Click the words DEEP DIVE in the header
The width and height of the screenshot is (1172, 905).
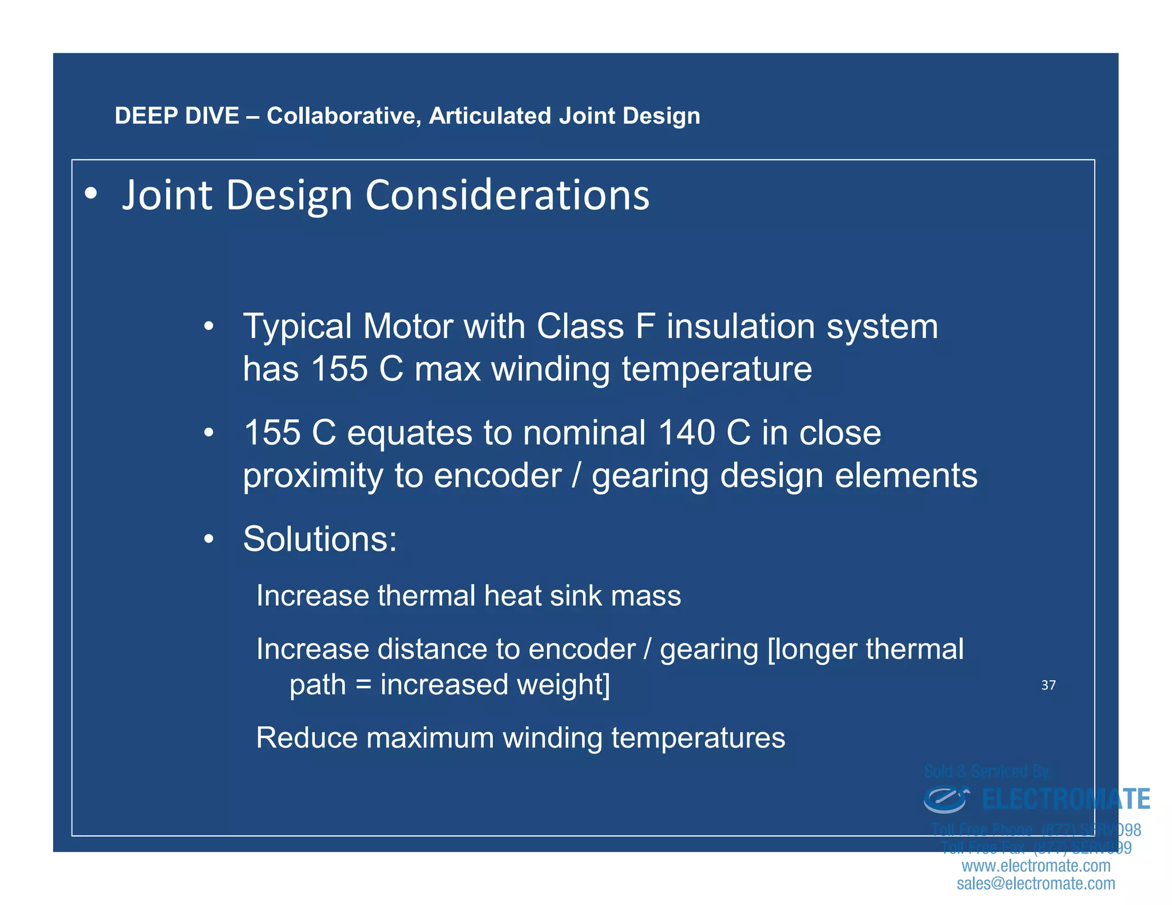pyautogui.click(x=176, y=116)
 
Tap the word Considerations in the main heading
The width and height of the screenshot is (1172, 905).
pyautogui.click(x=507, y=195)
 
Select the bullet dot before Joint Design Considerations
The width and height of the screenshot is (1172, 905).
pyautogui.click(x=90, y=195)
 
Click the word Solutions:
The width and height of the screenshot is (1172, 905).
pyautogui.click(x=320, y=539)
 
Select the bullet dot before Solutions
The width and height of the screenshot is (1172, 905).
pyautogui.click(x=209, y=539)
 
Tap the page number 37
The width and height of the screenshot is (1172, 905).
pyautogui.click(x=1048, y=685)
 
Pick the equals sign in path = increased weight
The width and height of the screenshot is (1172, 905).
pyautogui.click(x=363, y=685)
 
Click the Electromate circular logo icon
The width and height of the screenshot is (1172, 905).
pyautogui.click(x=946, y=799)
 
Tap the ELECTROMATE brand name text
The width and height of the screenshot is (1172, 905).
pyautogui.click(x=1066, y=799)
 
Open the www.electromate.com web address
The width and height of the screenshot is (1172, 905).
pyautogui.click(x=1036, y=866)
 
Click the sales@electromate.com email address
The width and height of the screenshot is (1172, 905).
pyautogui.click(x=1036, y=884)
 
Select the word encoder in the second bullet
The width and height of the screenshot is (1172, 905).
pyautogui.click(x=497, y=476)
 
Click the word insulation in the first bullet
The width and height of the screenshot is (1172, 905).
pyautogui.click(x=741, y=327)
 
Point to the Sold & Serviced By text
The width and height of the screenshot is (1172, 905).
pyautogui.click(x=987, y=772)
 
